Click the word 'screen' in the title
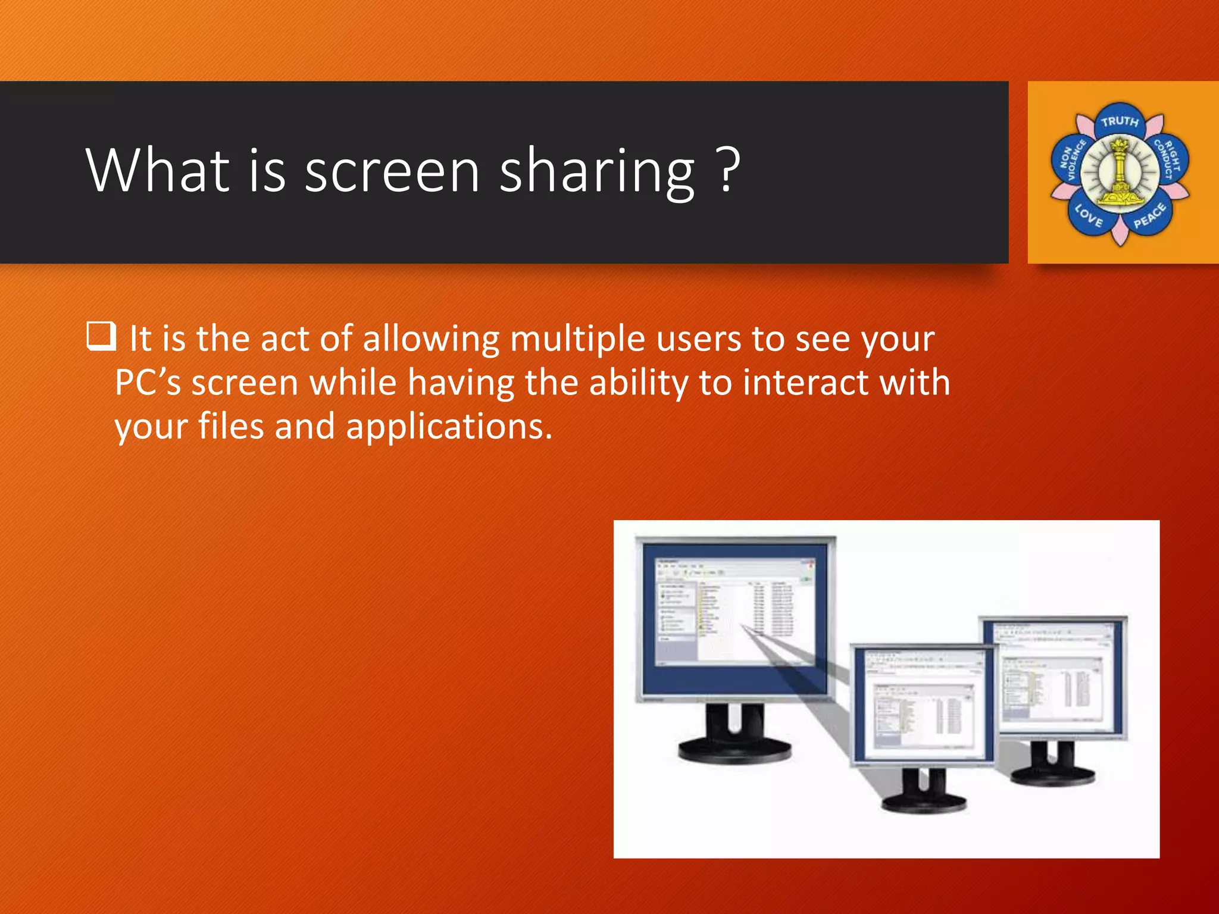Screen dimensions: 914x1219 tap(392, 171)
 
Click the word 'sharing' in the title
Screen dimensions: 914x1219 tap(597, 173)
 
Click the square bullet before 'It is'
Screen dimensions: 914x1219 tap(101, 336)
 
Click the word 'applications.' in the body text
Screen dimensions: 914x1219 tap(449, 427)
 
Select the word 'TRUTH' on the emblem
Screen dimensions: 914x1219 tap(1119, 122)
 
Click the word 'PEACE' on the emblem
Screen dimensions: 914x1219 tap(1149, 215)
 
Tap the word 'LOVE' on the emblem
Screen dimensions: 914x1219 tap(1089, 215)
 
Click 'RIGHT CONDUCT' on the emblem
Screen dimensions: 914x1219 tap(1168, 159)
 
